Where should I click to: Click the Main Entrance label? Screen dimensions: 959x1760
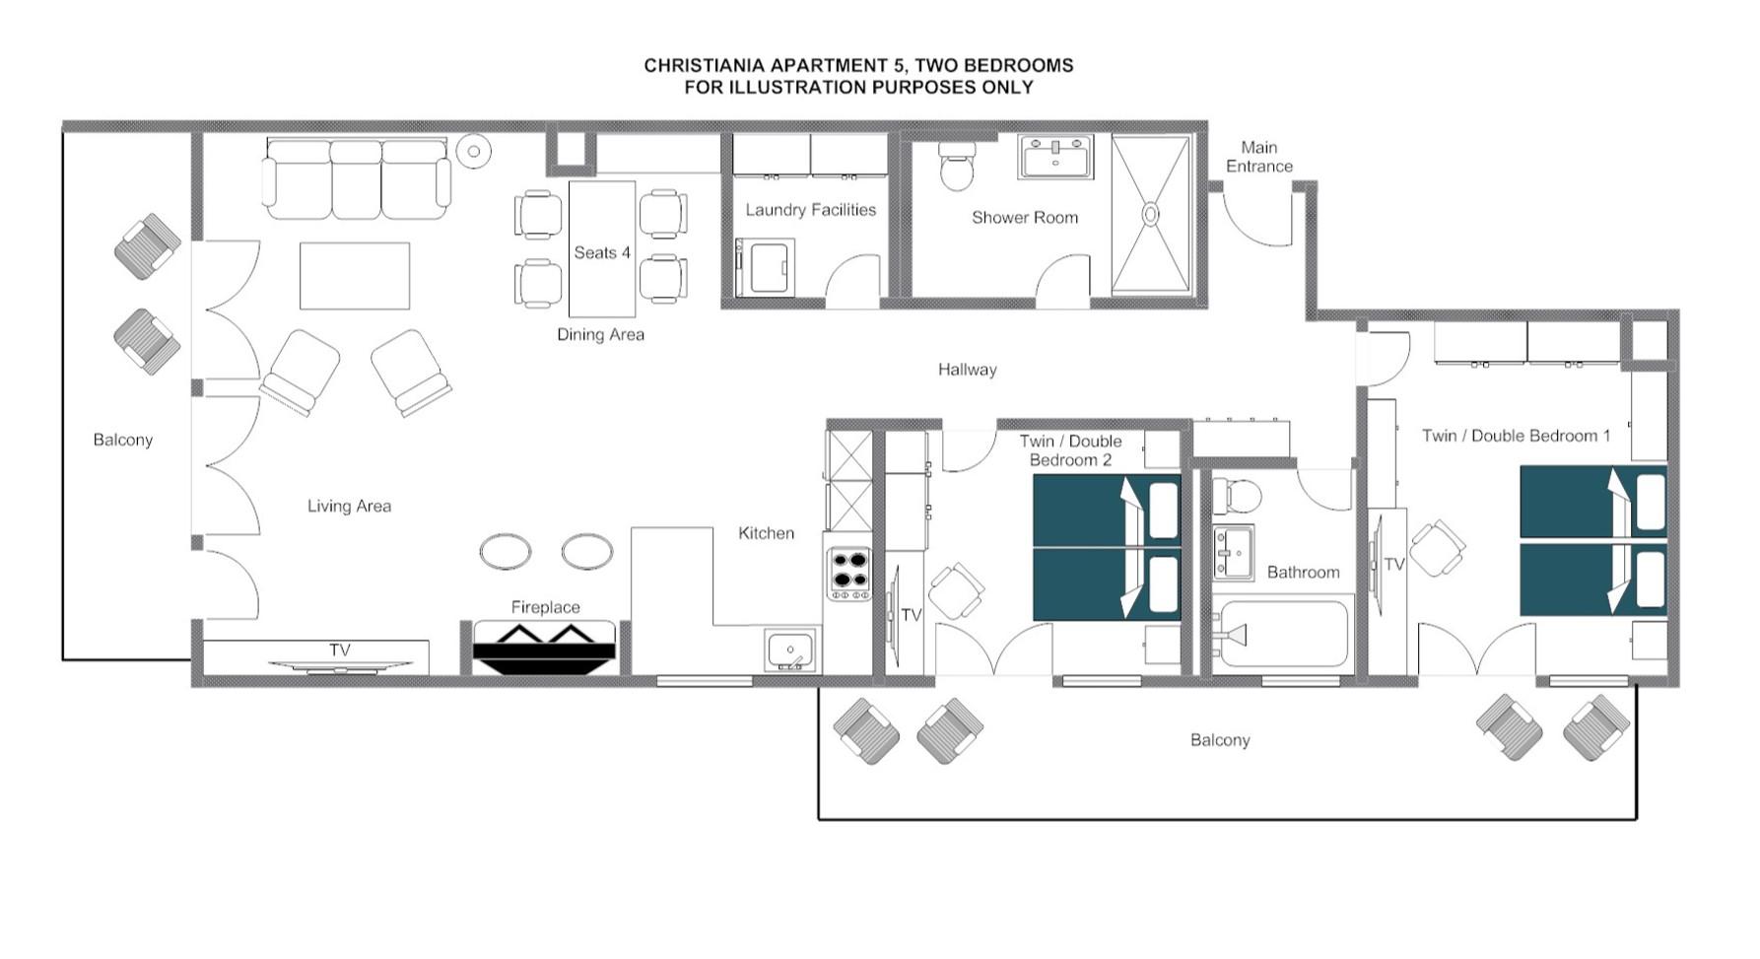point(1258,157)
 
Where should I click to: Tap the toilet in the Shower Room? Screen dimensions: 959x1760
point(956,167)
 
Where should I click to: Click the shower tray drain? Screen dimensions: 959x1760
point(1150,214)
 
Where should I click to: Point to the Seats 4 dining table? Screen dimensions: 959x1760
point(601,248)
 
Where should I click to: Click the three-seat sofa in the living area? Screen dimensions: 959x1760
point(356,180)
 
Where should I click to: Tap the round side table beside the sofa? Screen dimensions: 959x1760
point(474,151)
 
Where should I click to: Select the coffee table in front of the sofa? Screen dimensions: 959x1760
point(354,276)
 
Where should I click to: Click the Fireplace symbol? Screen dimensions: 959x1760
point(544,648)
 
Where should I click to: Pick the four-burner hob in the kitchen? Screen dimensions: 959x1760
point(848,574)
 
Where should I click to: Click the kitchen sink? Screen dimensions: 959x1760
point(790,651)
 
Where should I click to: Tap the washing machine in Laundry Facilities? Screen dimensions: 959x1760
point(766,268)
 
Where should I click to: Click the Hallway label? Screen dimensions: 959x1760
point(967,370)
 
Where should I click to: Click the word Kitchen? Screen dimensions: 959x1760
point(766,533)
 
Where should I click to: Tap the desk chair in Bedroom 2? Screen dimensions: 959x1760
point(956,590)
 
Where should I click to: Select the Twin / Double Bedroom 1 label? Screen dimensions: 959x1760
point(1516,436)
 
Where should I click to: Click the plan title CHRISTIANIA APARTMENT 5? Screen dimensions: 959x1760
point(857,65)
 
